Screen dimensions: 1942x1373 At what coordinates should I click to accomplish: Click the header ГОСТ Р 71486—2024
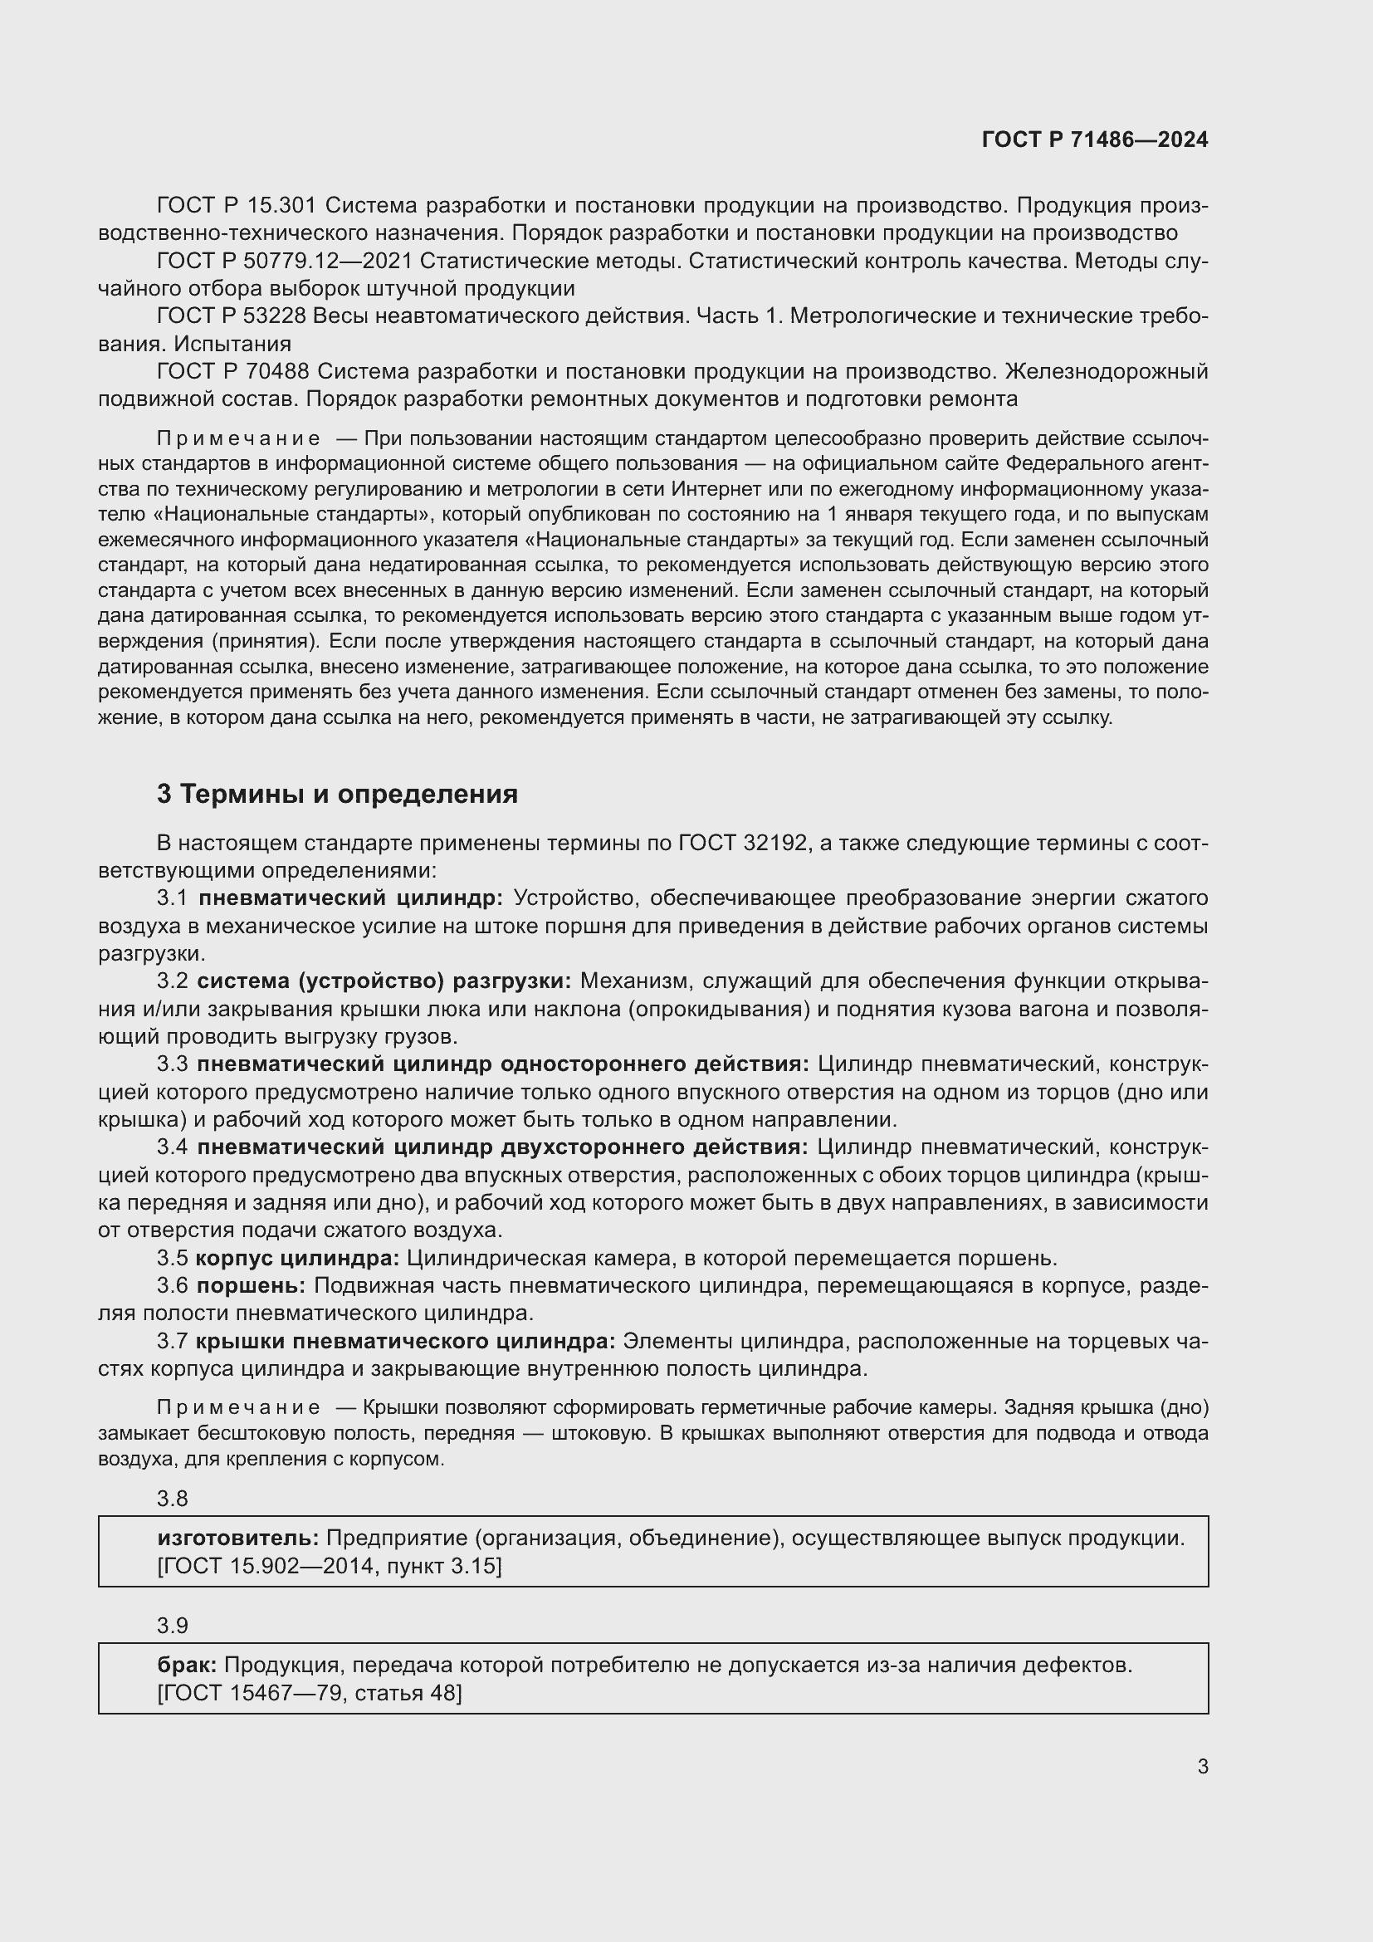pyautogui.click(x=1094, y=139)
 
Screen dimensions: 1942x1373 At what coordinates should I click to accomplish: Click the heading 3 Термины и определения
pyautogui.click(x=336, y=794)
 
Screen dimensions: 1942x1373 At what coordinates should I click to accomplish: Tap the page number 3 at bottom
pyautogui.click(x=1202, y=1766)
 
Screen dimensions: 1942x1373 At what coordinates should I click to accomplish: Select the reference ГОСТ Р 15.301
pyautogui.click(x=236, y=206)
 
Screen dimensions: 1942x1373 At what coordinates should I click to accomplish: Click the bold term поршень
pyautogui.click(x=251, y=1285)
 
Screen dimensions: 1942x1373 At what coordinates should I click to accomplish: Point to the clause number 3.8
pyautogui.click(x=173, y=1498)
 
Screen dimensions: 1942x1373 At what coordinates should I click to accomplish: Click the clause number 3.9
pyautogui.click(x=173, y=1625)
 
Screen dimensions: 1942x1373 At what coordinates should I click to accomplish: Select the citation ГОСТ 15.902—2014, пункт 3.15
pyautogui.click(x=330, y=1566)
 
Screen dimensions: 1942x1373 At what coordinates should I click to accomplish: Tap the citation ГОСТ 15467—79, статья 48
pyautogui.click(x=310, y=1692)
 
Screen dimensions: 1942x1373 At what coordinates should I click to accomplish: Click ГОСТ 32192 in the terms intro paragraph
pyautogui.click(x=741, y=843)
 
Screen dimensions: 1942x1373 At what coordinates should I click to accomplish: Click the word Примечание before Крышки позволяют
pyautogui.click(x=238, y=1407)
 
